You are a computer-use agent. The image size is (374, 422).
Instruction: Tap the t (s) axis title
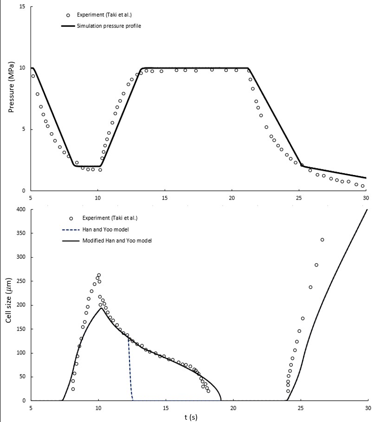click(x=191, y=417)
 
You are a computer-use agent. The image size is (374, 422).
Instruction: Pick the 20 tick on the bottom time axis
click(x=233, y=408)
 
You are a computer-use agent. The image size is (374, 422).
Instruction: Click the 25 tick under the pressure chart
click(x=299, y=198)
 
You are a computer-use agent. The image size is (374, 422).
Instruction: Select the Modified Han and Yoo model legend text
click(x=117, y=240)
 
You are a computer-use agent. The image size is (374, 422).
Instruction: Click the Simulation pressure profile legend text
click(x=109, y=26)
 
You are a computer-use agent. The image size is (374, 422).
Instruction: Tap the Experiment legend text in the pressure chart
click(x=104, y=15)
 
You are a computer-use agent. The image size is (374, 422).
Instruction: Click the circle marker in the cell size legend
click(x=71, y=219)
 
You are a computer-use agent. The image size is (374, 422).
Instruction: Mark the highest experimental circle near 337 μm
click(x=322, y=240)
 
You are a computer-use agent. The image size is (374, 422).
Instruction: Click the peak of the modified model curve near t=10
click(x=101, y=308)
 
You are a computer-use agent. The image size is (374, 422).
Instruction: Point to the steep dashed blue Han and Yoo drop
click(x=130, y=369)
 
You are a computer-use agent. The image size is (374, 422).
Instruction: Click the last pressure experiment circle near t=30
click(x=363, y=186)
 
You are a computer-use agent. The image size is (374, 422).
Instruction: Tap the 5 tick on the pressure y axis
click(x=24, y=130)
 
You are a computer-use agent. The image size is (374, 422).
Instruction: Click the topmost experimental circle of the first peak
click(x=99, y=275)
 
